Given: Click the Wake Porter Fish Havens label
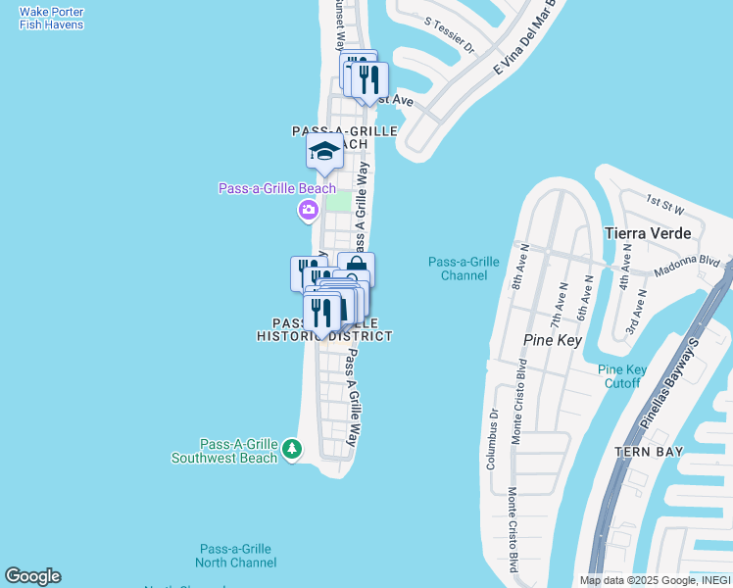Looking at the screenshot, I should (51, 18).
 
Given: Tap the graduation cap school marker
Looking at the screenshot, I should (324, 151).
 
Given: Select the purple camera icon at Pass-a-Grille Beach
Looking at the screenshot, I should (309, 209).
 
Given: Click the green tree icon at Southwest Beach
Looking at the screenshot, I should (291, 449).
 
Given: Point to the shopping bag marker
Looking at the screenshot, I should (356, 268).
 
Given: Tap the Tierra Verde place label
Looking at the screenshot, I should (648, 233).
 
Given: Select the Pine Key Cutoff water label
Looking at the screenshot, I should (622, 376).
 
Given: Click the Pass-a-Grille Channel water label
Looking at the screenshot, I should (464, 269).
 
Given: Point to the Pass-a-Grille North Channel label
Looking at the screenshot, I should (235, 556).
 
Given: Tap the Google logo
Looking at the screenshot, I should (32, 576).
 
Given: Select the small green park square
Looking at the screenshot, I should (337, 201).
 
